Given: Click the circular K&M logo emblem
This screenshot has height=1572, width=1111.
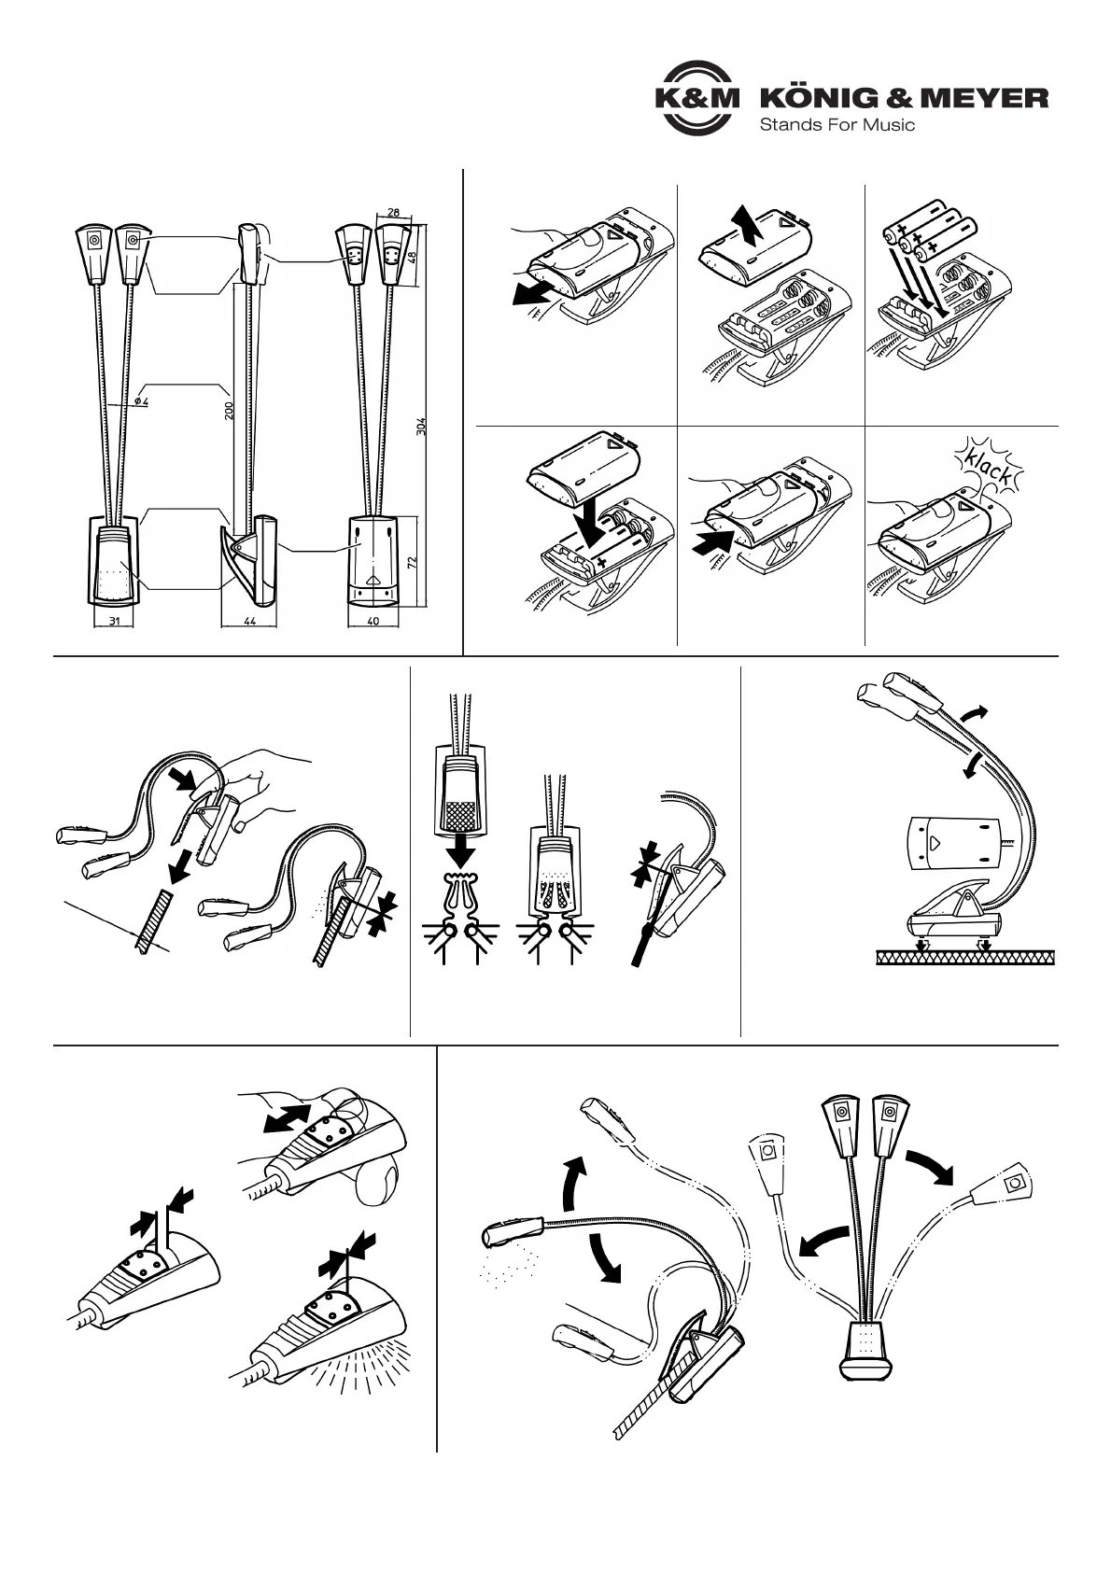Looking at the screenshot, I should coord(695,98).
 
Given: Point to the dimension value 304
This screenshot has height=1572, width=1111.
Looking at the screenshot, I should coord(421,427).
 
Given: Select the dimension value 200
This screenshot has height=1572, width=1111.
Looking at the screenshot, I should coord(229,412).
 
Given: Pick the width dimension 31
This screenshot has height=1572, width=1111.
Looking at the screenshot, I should coord(112,621).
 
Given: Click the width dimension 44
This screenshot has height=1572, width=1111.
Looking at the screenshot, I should coord(249,621).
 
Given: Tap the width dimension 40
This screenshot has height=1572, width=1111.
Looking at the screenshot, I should coord(373,621).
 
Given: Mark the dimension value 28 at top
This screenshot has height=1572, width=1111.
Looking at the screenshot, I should coord(393,213).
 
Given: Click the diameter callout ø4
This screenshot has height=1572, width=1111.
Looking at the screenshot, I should coord(141,400).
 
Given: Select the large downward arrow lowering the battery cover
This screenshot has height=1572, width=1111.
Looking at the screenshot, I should coord(592,523).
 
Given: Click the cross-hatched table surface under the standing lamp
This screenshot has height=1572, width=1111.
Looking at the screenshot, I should coord(964,957).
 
